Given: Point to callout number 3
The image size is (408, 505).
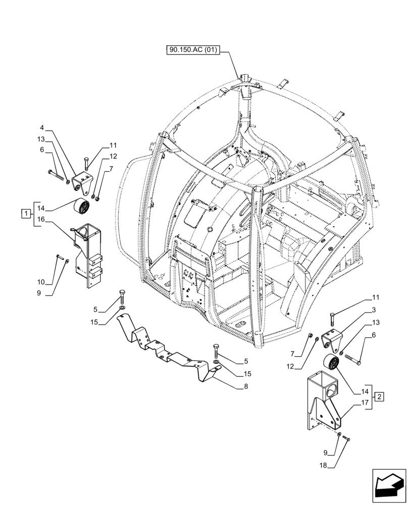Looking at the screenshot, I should pos(373,309).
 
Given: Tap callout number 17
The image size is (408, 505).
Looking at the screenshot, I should pos(365,402).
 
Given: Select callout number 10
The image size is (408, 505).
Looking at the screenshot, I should pos(41,282).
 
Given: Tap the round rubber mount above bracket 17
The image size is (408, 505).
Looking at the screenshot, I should pos(331,364).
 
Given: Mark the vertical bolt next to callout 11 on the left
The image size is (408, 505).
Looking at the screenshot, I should pos(86,163).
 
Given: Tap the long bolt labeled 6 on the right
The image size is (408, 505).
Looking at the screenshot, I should pos(353,361).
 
